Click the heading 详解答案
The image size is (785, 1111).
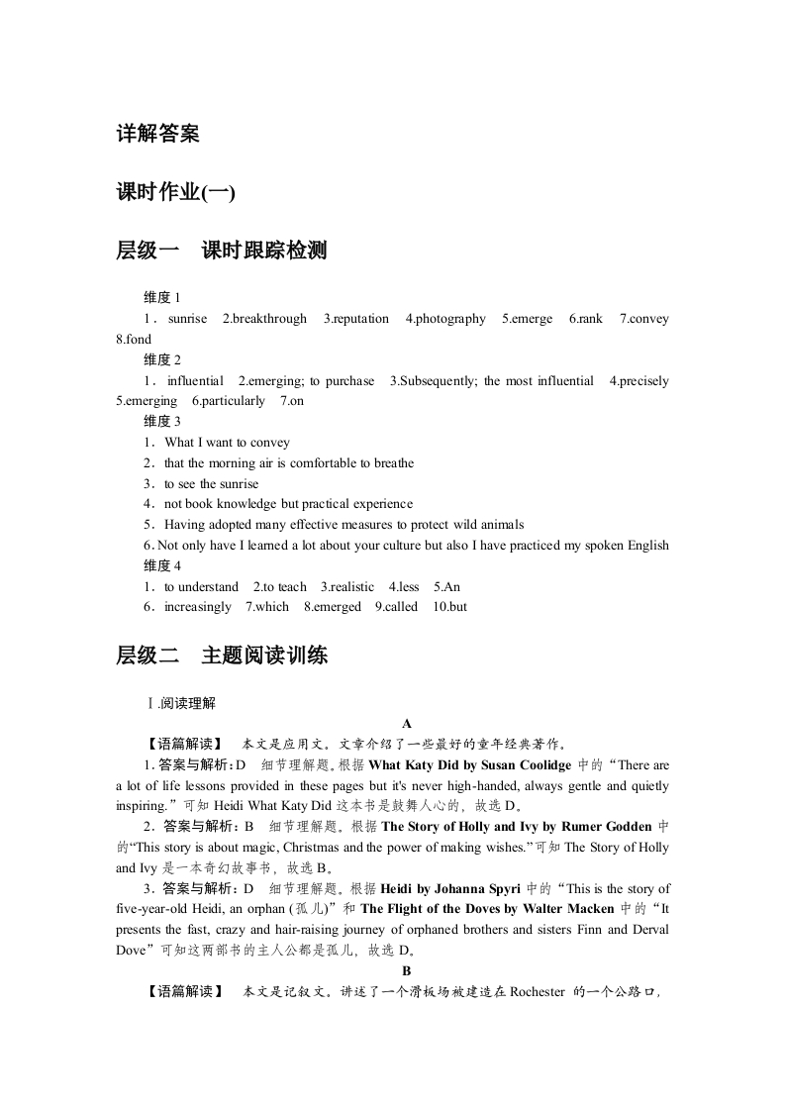click(x=157, y=134)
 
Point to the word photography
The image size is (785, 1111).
click(x=450, y=319)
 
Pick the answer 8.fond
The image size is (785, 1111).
click(x=134, y=340)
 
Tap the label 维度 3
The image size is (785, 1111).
click(x=162, y=422)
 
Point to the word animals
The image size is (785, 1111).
click(x=500, y=525)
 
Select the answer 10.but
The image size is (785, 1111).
click(x=449, y=607)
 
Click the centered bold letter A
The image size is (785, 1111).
click(x=406, y=724)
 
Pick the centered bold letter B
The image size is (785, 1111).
click(x=406, y=970)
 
